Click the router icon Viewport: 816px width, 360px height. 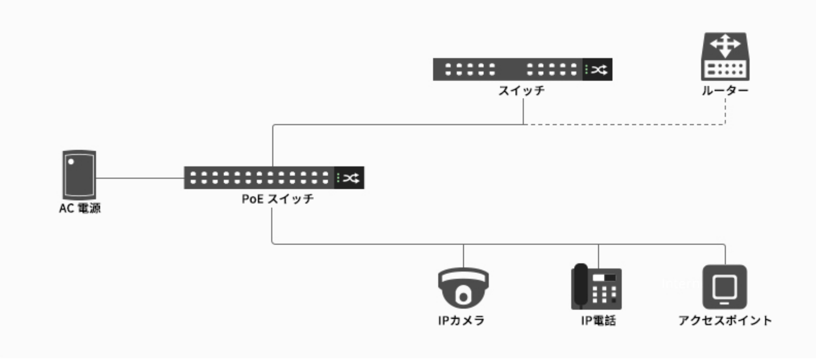[x=725, y=57]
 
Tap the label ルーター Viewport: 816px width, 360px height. [x=725, y=91]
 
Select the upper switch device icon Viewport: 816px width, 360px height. [x=522, y=70]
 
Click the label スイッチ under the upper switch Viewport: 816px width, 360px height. [x=521, y=91]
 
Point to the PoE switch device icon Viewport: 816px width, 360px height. [x=274, y=178]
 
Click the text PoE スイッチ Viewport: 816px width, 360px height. [x=278, y=199]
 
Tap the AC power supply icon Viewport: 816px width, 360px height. [x=79, y=175]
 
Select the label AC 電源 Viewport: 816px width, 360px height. [x=80, y=208]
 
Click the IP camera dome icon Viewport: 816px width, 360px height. [x=463, y=288]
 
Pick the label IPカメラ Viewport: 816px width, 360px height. [x=461, y=320]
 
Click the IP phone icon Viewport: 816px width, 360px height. [x=597, y=287]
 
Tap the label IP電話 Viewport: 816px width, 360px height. [x=598, y=320]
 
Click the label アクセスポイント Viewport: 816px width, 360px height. [x=725, y=320]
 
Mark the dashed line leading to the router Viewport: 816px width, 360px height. [x=623, y=124]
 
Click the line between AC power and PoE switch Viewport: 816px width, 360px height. [x=140, y=178]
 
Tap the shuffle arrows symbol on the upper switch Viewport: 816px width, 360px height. [x=599, y=70]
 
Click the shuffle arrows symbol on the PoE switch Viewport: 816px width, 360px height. [x=351, y=178]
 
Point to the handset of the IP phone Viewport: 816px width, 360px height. [x=581, y=284]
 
